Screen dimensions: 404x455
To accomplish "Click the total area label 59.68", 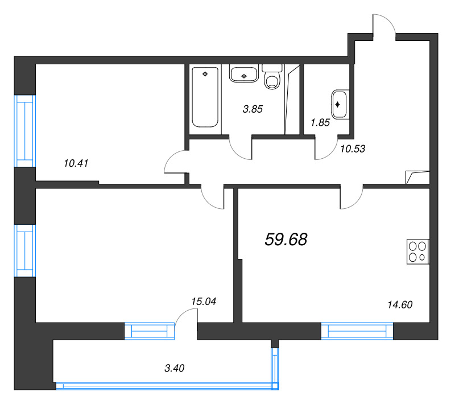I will (286, 240).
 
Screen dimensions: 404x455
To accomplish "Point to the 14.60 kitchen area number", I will (399, 304).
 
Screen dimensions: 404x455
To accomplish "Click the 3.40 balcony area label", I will (174, 368).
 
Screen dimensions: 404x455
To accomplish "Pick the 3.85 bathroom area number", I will (253, 109).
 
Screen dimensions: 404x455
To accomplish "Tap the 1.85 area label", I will (320, 122).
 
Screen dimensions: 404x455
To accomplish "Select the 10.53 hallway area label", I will (352, 149).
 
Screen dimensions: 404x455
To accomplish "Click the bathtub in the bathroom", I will (205, 97).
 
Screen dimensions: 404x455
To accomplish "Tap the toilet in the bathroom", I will (274, 77).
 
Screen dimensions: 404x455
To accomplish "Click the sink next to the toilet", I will (245, 74).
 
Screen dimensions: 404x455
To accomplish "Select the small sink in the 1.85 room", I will (339, 104).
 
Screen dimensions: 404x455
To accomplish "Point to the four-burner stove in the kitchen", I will (417, 252).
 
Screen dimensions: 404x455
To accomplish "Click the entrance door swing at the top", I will (383, 26).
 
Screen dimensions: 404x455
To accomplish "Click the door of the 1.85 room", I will (326, 149).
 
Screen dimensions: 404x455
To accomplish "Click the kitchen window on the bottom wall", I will (357, 331).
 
